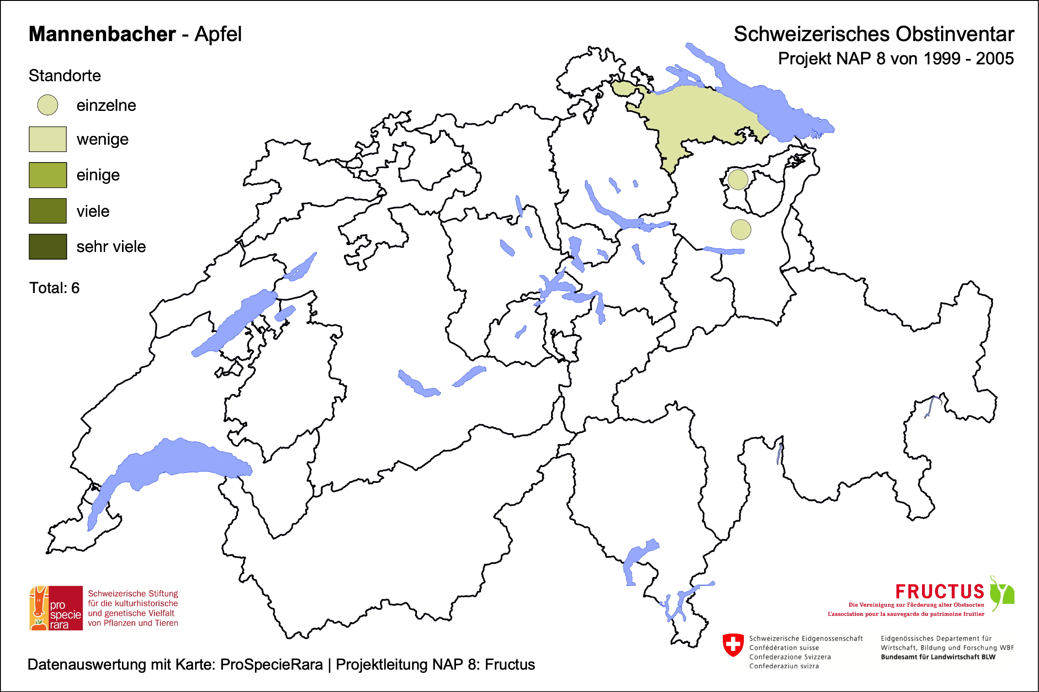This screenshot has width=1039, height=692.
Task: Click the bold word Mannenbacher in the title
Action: pyautogui.click(x=102, y=34)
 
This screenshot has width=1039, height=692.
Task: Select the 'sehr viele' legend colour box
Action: pyautogui.click(x=48, y=246)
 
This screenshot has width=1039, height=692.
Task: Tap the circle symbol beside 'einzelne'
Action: pyautogui.click(x=48, y=105)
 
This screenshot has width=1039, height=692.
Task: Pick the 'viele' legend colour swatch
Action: pyautogui.click(x=48, y=211)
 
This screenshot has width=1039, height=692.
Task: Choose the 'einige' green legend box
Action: pyautogui.click(x=48, y=175)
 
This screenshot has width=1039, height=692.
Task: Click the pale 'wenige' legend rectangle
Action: pyautogui.click(x=48, y=139)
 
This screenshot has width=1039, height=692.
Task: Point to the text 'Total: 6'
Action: pyautogui.click(x=54, y=288)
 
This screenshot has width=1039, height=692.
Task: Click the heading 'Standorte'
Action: pyautogui.click(x=64, y=76)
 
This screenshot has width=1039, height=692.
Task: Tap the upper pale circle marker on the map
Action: pyautogui.click(x=737, y=179)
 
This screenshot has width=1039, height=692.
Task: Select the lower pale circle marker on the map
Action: pyautogui.click(x=741, y=230)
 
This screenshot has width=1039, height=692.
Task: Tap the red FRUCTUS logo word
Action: pyautogui.click(x=939, y=592)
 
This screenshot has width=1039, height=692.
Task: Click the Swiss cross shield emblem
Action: pyautogui.click(x=733, y=645)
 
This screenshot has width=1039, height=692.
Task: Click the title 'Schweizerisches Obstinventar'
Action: pyautogui.click(x=874, y=34)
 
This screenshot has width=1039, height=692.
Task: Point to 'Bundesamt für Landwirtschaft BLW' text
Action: pyautogui.click(x=938, y=657)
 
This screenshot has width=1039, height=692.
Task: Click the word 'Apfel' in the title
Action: pyautogui.click(x=218, y=34)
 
